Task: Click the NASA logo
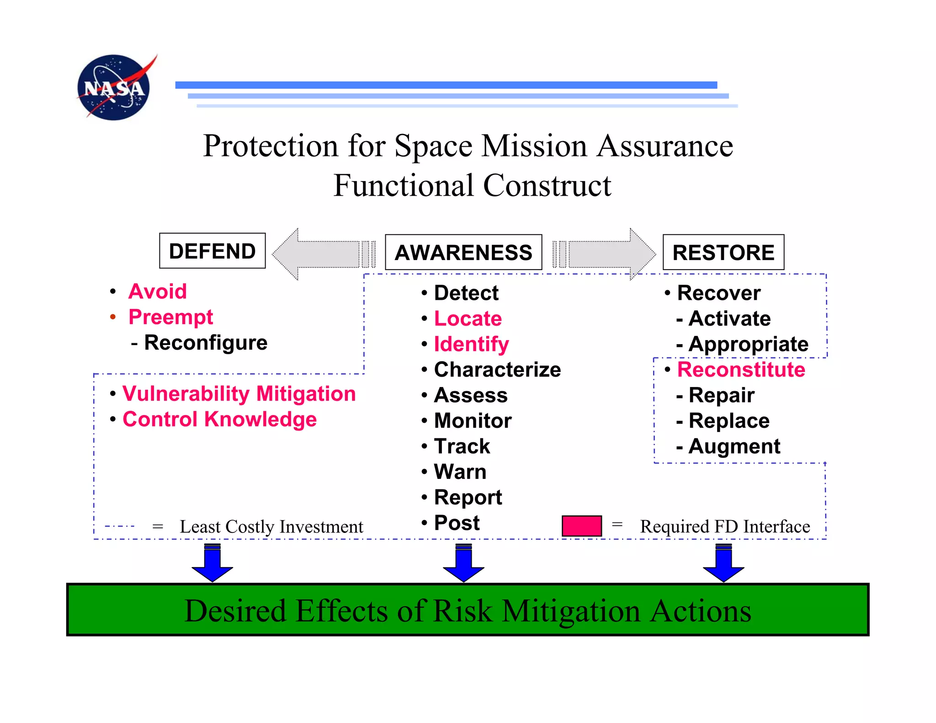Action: pos(114,87)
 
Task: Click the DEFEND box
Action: pos(212,251)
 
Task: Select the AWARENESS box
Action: pos(463,252)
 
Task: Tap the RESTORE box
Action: pos(723,252)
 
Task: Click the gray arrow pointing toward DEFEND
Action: pos(320,254)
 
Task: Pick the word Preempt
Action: pos(170,317)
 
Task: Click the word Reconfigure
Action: pos(206,343)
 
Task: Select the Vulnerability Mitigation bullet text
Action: pos(239,394)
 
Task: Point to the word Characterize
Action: pos(497,370)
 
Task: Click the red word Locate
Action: pos(468,319)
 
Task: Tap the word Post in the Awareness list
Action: pos(457,523)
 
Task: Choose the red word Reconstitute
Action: pos(741,370)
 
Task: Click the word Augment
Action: pos(734,447)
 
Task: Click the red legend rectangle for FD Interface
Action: pos(581,526)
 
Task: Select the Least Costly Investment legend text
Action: pos(271,527)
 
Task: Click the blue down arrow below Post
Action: pos(463,563)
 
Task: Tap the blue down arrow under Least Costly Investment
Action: pos(213,563)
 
